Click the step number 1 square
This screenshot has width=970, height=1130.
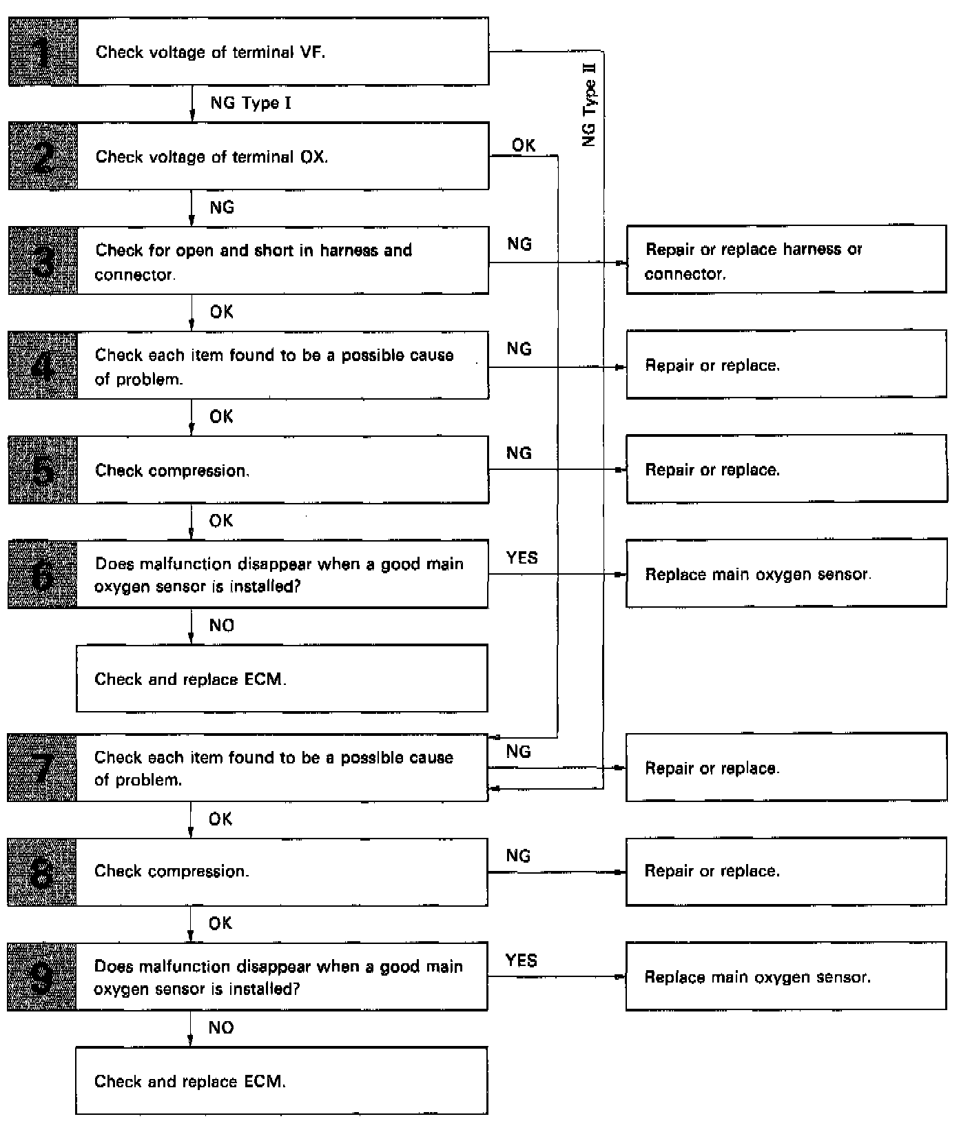tap(43, 52)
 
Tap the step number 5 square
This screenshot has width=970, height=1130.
tap(43, 470)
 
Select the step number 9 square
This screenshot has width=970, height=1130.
tap(42, 977)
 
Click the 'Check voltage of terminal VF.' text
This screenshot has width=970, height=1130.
tap(210, 52)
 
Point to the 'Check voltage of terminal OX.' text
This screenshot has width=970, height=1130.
tap(211, 157)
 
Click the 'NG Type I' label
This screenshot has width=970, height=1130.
tap(251, 103)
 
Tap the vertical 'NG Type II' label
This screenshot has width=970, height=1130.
tap(589, 103)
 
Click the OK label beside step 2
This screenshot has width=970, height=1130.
tap(524, 145)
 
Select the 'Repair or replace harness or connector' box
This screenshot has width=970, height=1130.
tap(786, 260)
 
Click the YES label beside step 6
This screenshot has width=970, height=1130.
tap(522, 557)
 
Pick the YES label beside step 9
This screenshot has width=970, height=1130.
tap(521, 960)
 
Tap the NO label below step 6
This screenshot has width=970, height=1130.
tap(221, 626)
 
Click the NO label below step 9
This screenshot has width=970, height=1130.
tap(220, 1028)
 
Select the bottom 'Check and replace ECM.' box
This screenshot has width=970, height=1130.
tap(281, 1081)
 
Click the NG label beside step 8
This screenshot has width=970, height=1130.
tap(518, 856)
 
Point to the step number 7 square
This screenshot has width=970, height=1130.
tap(42, 768)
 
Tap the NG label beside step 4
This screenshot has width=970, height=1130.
tap(519, 349)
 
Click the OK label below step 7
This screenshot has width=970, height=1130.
tap(220, 819)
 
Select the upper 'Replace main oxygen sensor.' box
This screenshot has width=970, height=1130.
tap(786, 574)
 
